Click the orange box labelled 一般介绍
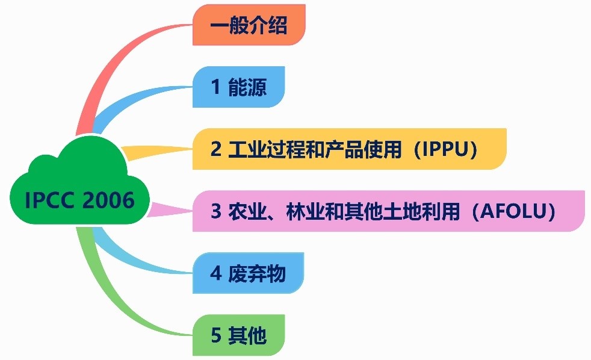coord(249,25)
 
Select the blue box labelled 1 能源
coord(238,87)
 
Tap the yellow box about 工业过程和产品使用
coord(350,149)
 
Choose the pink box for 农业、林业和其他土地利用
coord(389,211)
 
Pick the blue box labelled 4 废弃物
coord(248,273)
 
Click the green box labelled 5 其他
coord(238,335)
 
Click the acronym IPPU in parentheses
coord(445,149)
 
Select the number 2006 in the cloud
coord(108,200)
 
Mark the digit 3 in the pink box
coord(216,211)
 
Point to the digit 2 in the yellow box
coord(216,149)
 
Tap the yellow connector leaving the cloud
coord(158,152)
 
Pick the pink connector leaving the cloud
coord(170,210)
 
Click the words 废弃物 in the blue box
coord(256,273)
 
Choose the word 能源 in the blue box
coord(247,87)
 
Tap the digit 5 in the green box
coord(216,335)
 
